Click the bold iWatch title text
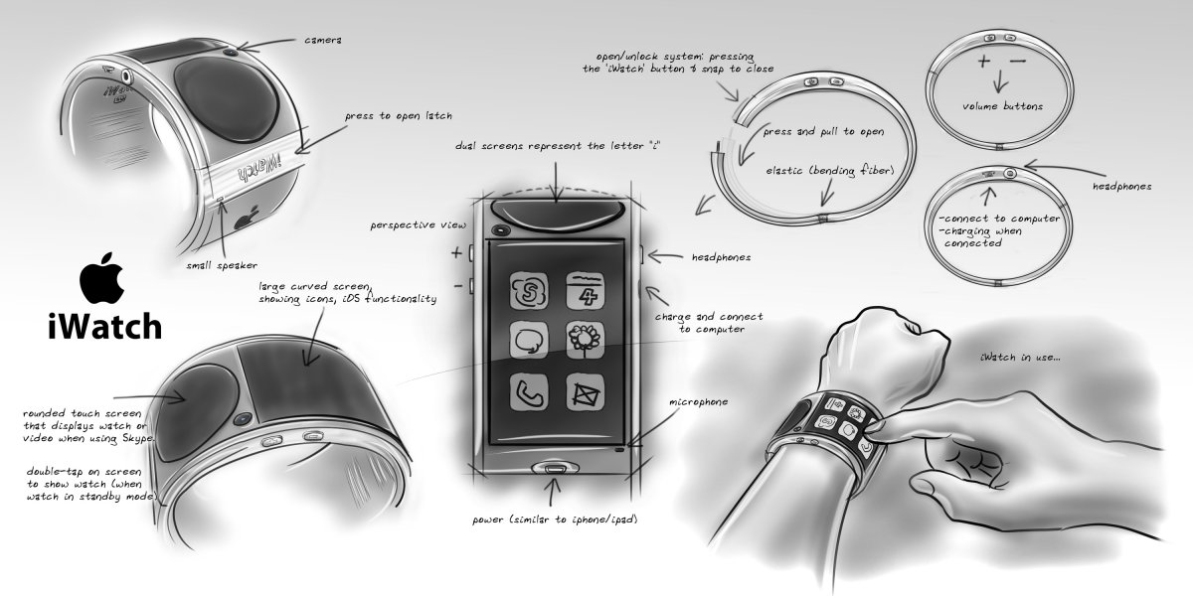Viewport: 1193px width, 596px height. [96, 326]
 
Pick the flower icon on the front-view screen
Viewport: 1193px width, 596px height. [584, 340]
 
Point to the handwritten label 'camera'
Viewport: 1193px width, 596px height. [324, 41]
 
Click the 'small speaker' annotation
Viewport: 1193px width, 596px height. [220, 265]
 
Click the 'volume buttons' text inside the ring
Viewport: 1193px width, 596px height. [1003, 106]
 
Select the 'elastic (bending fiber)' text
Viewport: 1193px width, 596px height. [829, 170]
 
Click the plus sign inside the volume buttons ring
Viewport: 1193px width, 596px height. [982, 61]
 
